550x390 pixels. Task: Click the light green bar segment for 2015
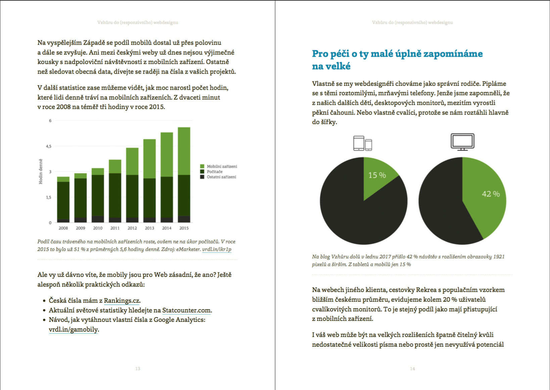[184, 151]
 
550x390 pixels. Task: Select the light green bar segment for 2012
[132, 161]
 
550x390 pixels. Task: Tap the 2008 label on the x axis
[63, 228]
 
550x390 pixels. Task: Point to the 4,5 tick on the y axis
[49, 146]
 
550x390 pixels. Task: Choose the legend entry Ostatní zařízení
[221, 177]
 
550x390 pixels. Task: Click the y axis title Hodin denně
[41, 172]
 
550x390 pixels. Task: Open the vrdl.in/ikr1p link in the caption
[217, 249]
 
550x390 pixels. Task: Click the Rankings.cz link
[122, 301]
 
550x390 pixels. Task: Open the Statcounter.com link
[186, 310]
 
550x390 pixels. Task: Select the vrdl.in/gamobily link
[74, 330]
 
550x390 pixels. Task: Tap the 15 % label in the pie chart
[377, 175]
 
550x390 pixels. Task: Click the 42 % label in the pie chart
[491, 194]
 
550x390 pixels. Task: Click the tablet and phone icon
[363, 143]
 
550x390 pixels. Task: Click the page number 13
[138, 369]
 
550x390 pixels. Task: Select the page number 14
[412, 369]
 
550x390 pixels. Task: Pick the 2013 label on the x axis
[149, 228]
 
